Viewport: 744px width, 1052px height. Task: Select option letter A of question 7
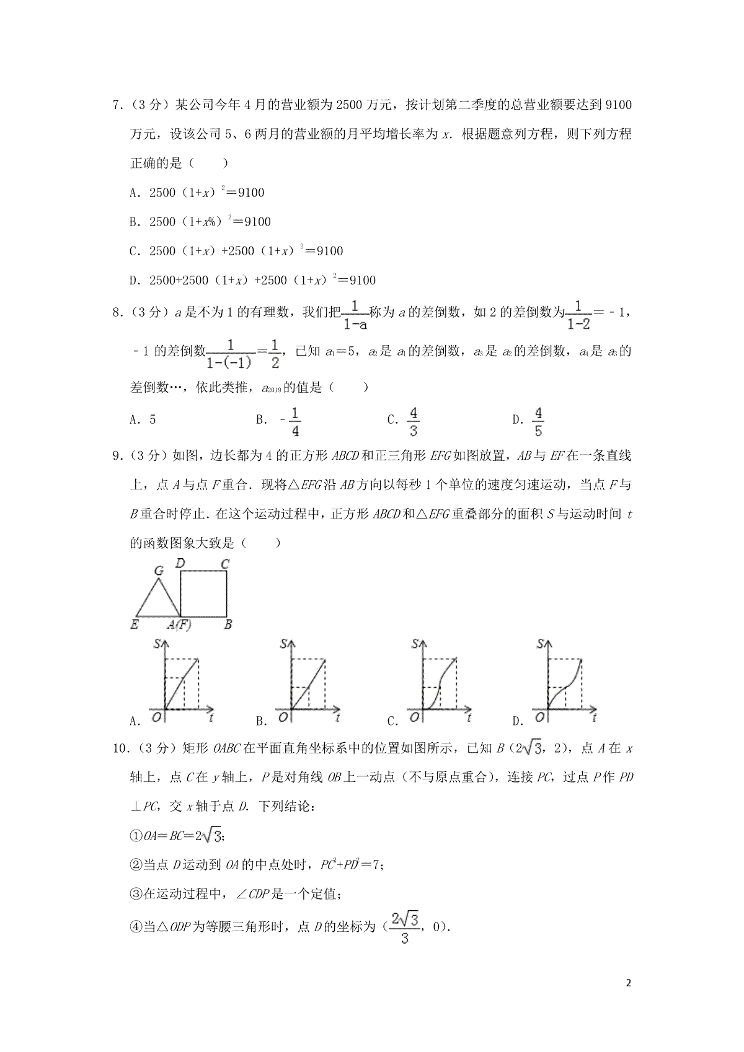pos(133,193)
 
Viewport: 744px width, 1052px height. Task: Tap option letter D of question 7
pos(133,281)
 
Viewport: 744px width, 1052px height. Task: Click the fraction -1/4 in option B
pos(291,422)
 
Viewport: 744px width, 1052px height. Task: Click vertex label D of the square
pos(180,563)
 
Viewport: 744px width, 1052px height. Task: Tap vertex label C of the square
pos(225,564)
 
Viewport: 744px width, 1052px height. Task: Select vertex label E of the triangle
pos(135,625)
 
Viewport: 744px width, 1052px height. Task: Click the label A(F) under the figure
pos(179,625)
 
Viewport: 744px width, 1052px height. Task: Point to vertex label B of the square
pos(228,625)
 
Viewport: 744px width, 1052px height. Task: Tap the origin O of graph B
pos(283,717)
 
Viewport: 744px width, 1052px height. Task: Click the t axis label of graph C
pos(469,718)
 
